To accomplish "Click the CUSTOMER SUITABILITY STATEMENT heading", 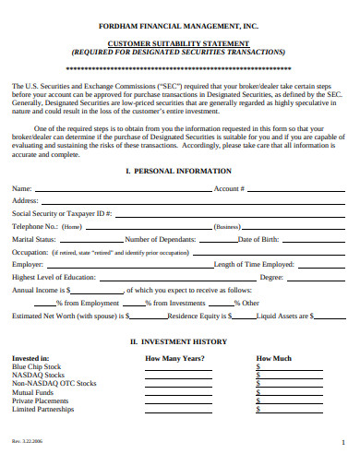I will click(181, 43).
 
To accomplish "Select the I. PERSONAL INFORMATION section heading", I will click(180, 173).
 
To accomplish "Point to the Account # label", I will click(229, 187).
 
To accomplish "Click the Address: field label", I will click(26, 199).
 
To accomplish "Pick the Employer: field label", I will click(28, 264).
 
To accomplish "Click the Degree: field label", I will click(271, 277).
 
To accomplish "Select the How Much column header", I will click(273, 358).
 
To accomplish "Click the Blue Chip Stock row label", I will click(36, 366).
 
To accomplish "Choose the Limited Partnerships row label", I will click(43, 408).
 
